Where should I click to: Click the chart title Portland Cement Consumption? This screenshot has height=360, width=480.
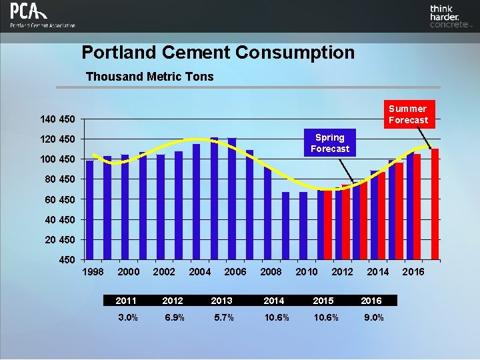[x=218, y=53]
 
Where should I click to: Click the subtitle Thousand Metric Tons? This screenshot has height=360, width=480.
[x=150, y=77]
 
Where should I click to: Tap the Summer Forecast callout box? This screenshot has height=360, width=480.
[x=408, y=114]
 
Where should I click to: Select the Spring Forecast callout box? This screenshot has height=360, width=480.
[x=329, y=143]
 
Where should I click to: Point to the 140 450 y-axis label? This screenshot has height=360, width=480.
[x=57, y=119]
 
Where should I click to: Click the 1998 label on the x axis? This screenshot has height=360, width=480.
[x=93, y=272]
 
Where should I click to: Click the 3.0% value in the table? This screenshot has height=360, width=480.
[x=127, y=317]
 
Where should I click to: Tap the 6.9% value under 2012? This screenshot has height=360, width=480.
[x=175, y=317]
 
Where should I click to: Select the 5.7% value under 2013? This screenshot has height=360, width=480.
[x=223, y=317]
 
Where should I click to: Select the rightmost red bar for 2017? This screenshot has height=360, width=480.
[x=435, y=203]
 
